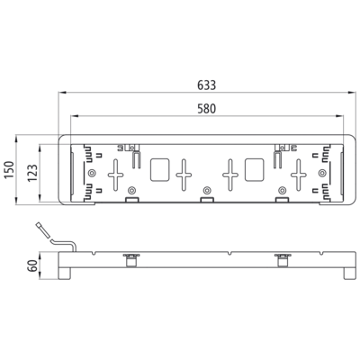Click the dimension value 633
[x=206, y=85]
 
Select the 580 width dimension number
[x=206, y=109]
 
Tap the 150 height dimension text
[x=9, y=170]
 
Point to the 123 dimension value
[x=32, y=172]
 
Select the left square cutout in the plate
[x=159, y=170]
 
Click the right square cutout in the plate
[x=255, y=170]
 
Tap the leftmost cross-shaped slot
[x=115, y=175]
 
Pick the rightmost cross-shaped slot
[x=299, y=175]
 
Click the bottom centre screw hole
[x=206, y=190]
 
